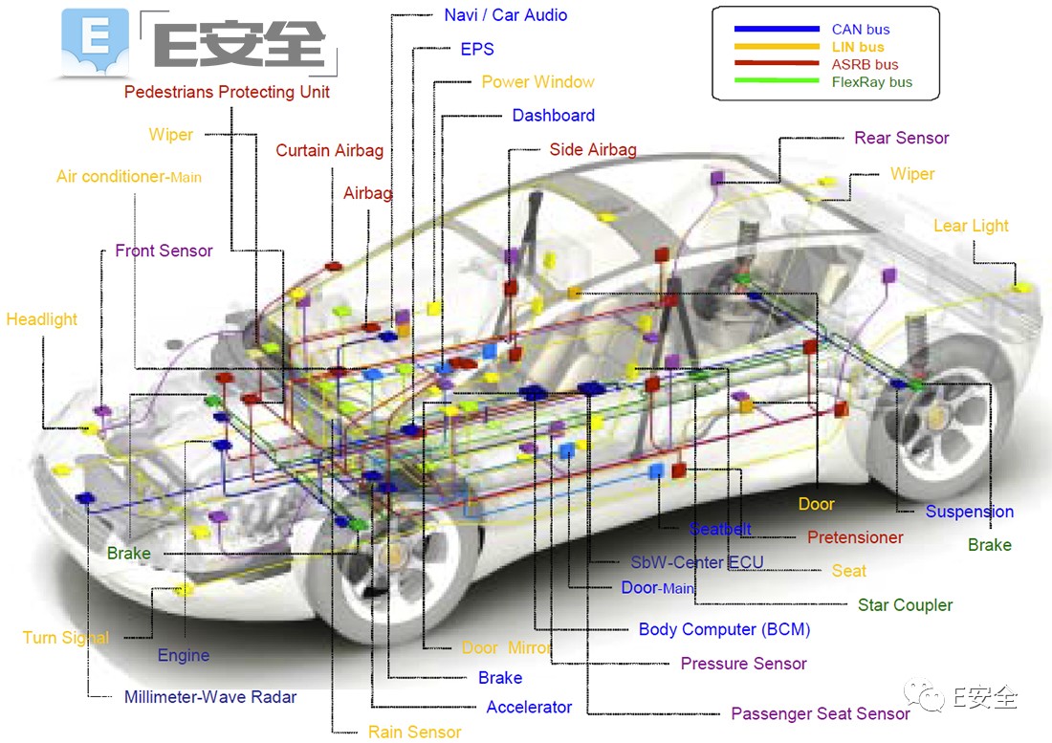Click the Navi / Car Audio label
point(505,15)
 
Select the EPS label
point(476,49)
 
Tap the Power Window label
point(537,82)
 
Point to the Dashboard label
point(553,116)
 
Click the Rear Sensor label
point(901,138)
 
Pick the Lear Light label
point(971,226)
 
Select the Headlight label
point(42,319)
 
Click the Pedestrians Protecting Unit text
point(227,92)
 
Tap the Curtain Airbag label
point(329,150)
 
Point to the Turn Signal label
point(66,638)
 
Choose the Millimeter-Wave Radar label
point(210,697)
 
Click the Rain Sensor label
point(414,732)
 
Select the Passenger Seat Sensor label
point(820,713)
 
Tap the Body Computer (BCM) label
point(724,629)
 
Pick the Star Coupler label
point(905,604)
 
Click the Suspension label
point(969,512)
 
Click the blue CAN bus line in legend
point(777,30)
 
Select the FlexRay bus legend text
point(871,82)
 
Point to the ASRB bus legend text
point(865,65)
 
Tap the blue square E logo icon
point(94,43)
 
